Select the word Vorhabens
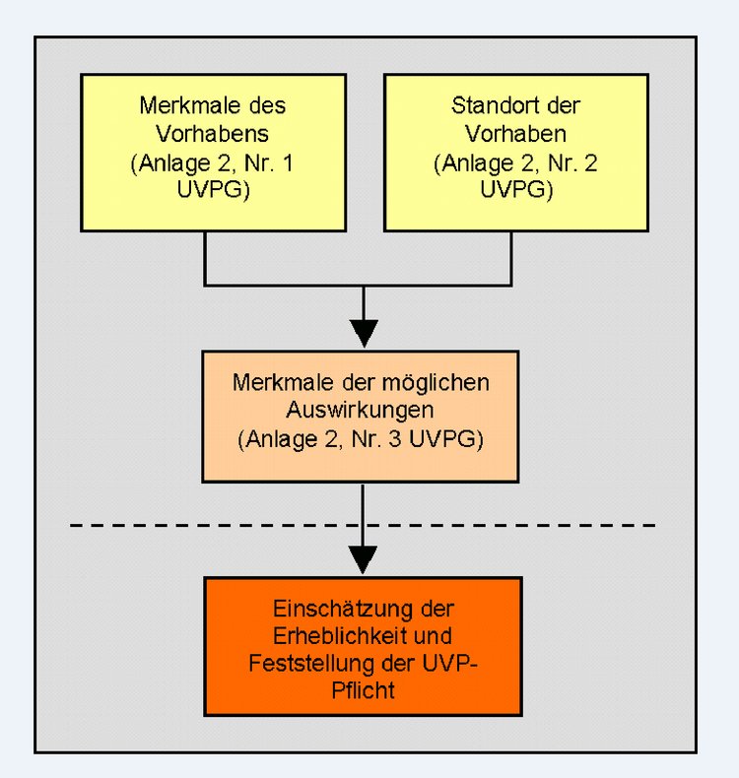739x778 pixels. pos(213,134)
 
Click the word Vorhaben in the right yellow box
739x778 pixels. pos(515,134)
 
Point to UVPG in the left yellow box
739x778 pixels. pos(210,189)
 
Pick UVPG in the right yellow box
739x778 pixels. pos(513,189)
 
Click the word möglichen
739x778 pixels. pos(429,383)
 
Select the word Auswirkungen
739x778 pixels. pos(361,411)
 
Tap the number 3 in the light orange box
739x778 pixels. pos(395,439)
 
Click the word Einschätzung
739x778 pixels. pos(343,610)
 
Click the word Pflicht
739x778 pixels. pos(363,690)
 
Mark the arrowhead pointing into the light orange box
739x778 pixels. pos(364,334)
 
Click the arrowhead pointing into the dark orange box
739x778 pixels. pos(363,560)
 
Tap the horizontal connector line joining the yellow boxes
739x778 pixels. pos(358,286)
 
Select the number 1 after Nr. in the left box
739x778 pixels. pos(288,163)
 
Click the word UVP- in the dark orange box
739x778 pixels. pos(449,664)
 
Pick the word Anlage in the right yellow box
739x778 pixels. pos(478,164)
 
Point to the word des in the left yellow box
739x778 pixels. pos(267,105)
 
